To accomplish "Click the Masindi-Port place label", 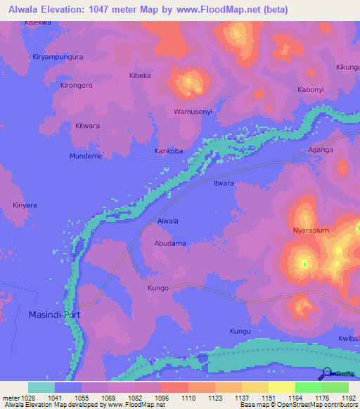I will click(53, 315).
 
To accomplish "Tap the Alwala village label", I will click(167, 221).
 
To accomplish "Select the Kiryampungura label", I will click(58, 56).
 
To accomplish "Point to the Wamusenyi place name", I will click(193, 112).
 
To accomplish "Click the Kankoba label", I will click(169, 151).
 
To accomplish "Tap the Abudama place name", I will click(169, 243).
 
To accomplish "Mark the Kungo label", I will click(158, 288).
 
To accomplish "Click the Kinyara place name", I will click(24, 206).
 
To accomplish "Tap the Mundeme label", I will click(86, 156).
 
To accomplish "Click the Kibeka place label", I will click(140, 75).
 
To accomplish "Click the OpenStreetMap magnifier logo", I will click(326, 373).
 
